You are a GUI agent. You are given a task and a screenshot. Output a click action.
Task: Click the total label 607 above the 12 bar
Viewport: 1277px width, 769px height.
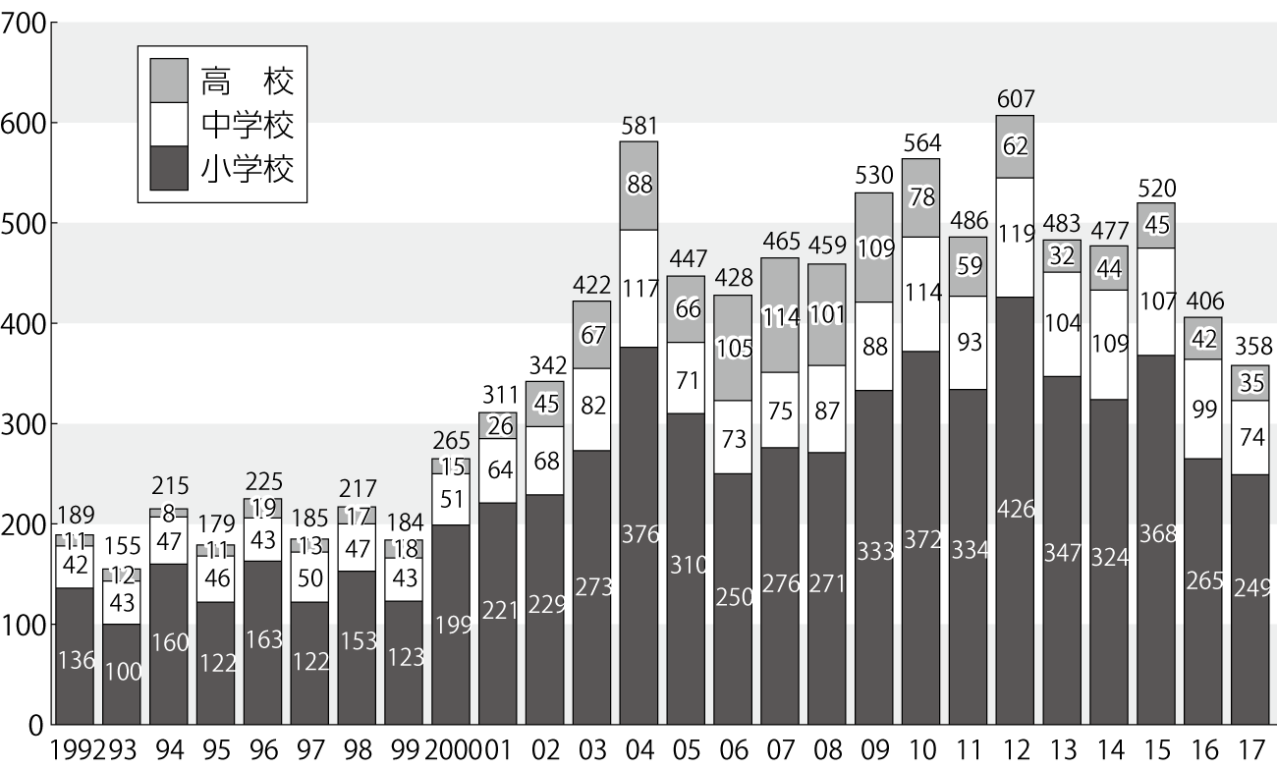1014,99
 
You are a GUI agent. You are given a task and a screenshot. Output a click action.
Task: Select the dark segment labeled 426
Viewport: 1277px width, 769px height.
1014,511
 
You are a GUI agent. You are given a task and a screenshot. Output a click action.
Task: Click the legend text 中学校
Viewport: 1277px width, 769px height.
248,124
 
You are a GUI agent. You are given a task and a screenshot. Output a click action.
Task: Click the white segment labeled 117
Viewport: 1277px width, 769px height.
638,288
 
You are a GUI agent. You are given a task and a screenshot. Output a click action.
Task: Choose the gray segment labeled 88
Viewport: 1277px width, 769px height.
638,186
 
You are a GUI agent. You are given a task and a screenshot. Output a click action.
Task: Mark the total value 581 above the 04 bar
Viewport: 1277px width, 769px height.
638,126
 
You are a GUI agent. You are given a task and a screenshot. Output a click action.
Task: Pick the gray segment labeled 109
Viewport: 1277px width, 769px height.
873,247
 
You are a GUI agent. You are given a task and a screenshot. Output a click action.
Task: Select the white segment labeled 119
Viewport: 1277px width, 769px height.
1014,235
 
